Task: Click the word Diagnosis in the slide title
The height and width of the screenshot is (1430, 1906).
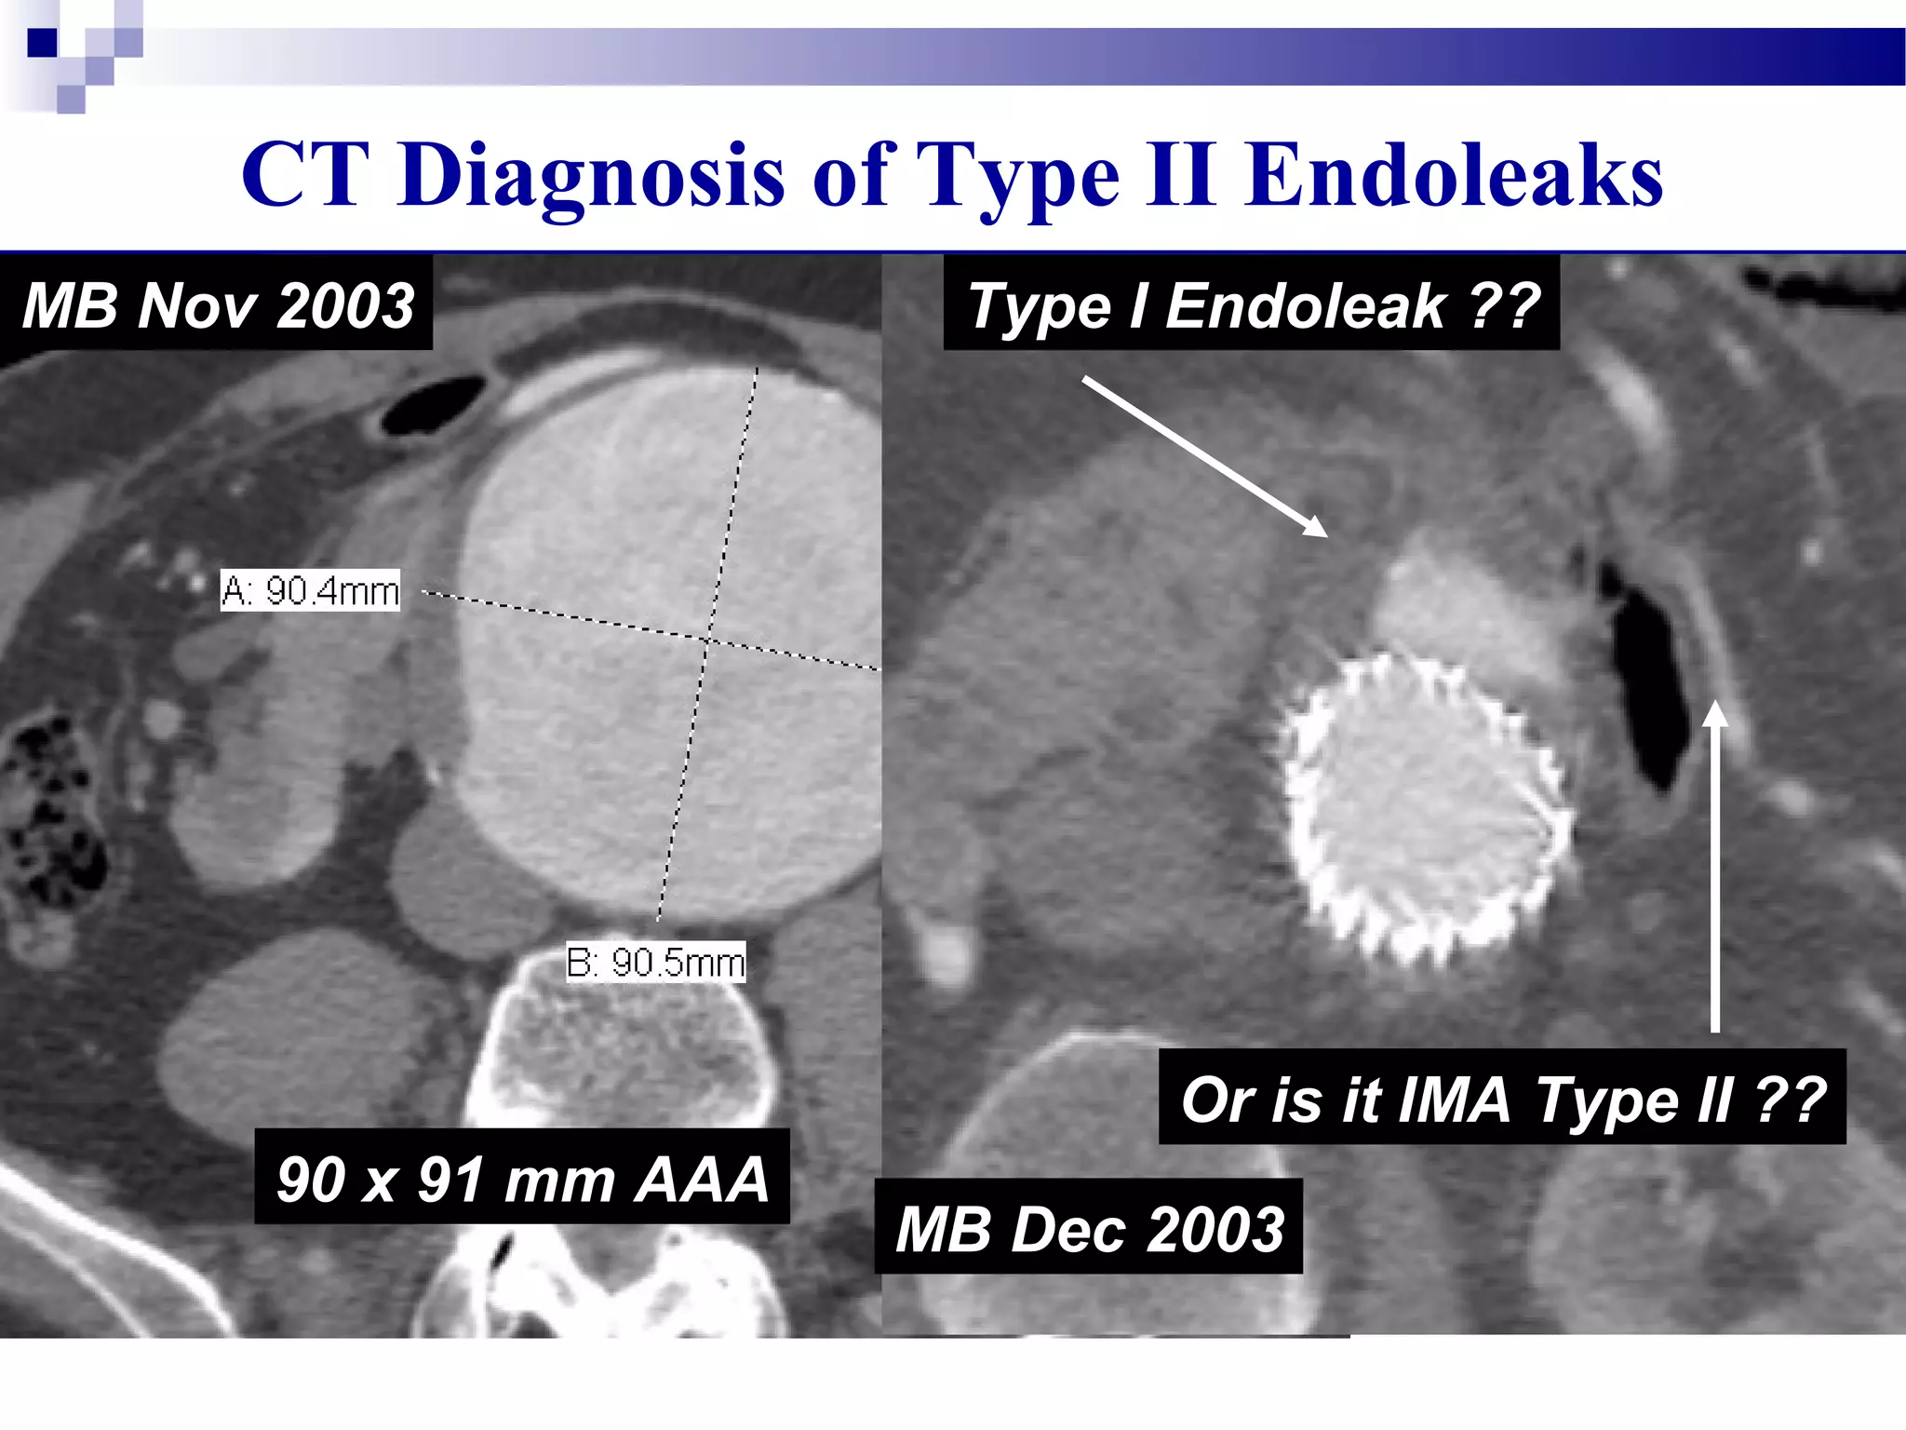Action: pos(591,177)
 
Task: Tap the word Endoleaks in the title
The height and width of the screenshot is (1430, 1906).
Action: pos(1455,177)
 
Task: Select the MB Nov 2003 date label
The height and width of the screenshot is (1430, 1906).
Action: pos(218,305)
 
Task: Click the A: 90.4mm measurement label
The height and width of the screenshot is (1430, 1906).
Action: pos(310,591)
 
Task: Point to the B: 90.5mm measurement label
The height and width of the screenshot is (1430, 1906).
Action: pos(655,963)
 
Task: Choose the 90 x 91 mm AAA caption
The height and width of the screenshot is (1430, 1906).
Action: pos(522,1179)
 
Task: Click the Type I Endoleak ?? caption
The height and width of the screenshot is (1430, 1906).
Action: pos(1252,305)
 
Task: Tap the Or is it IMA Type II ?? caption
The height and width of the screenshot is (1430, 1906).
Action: pos(1502,1099)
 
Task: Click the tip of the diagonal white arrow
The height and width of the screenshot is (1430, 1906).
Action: pos(1325,535)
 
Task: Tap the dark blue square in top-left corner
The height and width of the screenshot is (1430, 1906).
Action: pos(42,43)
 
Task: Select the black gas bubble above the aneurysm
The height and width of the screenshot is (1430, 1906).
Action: pos(434,406)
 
